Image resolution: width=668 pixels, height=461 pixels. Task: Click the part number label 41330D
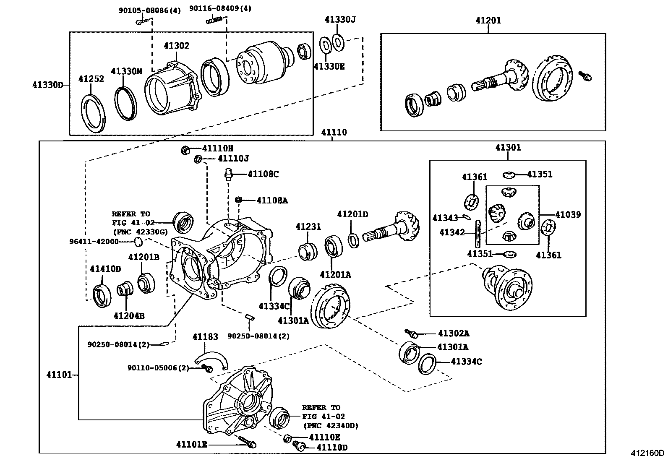click(x=48, y=85)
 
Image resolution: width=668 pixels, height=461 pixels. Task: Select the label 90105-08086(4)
click(x=150, y=10)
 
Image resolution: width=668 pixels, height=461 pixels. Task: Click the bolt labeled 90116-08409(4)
click(x=214, y=20)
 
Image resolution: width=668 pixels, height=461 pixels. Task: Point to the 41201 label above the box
click(x=488, y=20)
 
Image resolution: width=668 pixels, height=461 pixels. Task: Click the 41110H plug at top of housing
click(x=185, y=150)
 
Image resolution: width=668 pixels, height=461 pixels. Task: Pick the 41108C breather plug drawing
click(x=228, y=175)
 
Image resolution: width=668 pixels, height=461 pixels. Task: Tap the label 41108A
click(x=272, y=201)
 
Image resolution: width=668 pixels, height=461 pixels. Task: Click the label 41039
click(x=568, y=214)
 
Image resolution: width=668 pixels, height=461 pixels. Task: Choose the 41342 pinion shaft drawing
click(x=478, y=234)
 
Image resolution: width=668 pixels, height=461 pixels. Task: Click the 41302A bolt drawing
click(x=411, y=333)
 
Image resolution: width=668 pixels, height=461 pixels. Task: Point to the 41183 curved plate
click(x=211, y=360)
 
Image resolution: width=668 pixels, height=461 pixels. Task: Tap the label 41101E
click(x=191, y=445)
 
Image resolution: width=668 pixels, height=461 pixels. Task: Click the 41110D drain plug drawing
click(x=298, y=446)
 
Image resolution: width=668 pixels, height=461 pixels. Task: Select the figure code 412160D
click(x=648, y=453)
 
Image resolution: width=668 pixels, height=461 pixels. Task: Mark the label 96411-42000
click(x=94, y=242)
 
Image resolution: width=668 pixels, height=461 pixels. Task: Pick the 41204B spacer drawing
click(x=125, y=288)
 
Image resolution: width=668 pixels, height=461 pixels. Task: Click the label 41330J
click(x=340, y=20)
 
